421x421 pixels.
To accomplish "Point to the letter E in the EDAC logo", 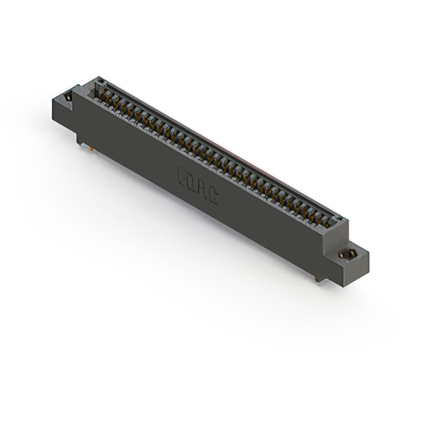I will pyautogui.click(x=182, y=176).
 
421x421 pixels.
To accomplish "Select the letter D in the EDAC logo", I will pyautogui.click(x=191, y=182).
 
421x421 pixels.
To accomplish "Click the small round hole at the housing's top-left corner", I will pyautogui.click(x=101, y=82).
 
